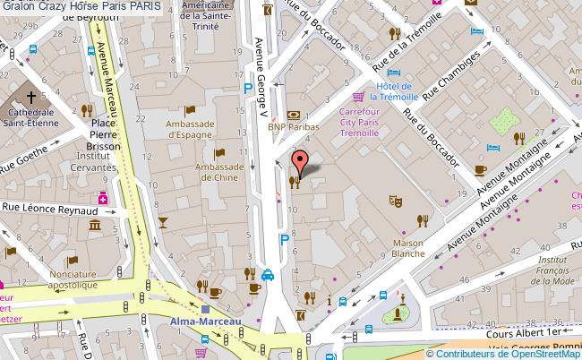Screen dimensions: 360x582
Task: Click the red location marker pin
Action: click(301, 161)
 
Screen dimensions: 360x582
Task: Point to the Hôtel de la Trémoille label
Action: click(411, 91)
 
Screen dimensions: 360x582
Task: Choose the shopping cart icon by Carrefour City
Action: click(358, 97)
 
